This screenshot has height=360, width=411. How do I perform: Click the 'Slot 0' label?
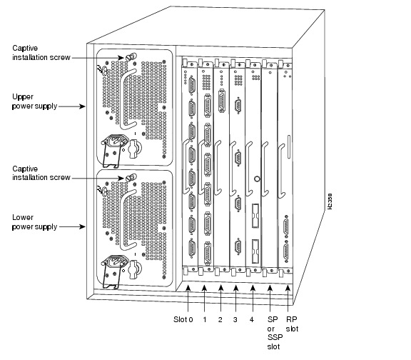point(183,319)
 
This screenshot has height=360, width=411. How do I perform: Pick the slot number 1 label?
point(205,319)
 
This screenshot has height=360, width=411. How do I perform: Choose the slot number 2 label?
point(221,319)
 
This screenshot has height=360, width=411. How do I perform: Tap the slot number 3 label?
point(236,319)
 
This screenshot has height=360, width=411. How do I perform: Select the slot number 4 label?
point(253,319)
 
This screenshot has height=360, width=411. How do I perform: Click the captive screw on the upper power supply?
point(130,56)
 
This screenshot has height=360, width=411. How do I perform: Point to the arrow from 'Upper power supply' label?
point(72,106)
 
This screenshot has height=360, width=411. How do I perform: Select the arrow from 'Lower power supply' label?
point(72,227)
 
